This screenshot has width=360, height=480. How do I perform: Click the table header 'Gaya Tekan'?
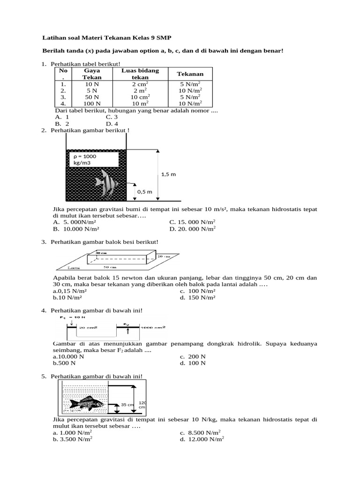pos(92,74)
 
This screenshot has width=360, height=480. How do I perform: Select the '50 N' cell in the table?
pos(92,97)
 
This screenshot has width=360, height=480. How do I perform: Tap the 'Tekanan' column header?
pos(190,74)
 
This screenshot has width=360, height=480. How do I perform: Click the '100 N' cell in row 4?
pos(92,103)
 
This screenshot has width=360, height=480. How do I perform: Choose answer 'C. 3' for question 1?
pos(111,117)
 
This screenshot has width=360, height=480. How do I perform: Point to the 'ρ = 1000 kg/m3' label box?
pos(94,159)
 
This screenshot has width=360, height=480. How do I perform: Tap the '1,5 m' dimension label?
pos(168,174)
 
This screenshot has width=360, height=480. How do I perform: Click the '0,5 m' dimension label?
pos(144,192)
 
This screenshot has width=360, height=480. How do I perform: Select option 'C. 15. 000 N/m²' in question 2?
pos(192,222)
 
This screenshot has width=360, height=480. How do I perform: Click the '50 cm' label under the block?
pos(110,267)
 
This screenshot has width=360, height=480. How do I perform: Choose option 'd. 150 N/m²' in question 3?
pos(197,297)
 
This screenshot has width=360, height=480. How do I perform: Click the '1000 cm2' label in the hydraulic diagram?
pos(154,327)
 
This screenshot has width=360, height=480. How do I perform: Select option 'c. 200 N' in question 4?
pos(193,356)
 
